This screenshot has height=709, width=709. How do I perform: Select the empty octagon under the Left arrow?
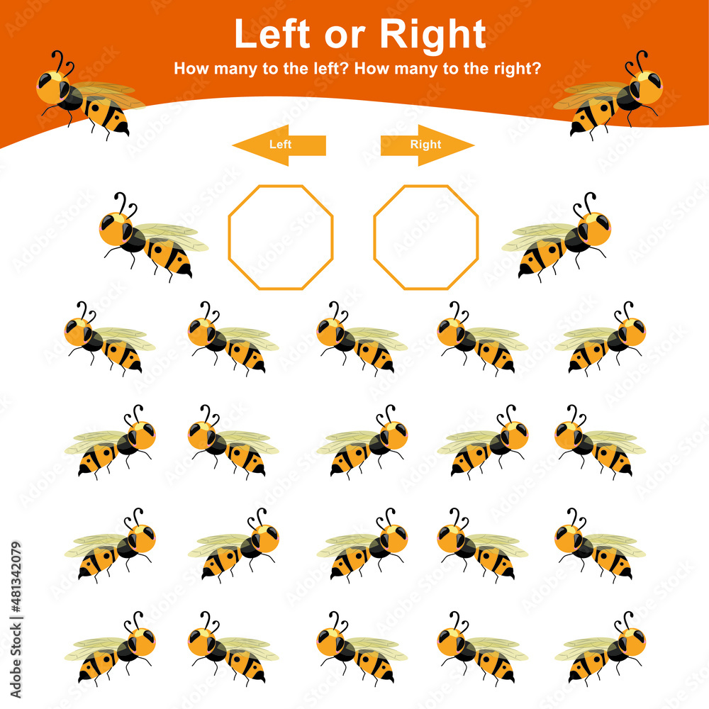[x=281, y=238]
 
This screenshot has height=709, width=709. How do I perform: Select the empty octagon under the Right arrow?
[x=426, y=238]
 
